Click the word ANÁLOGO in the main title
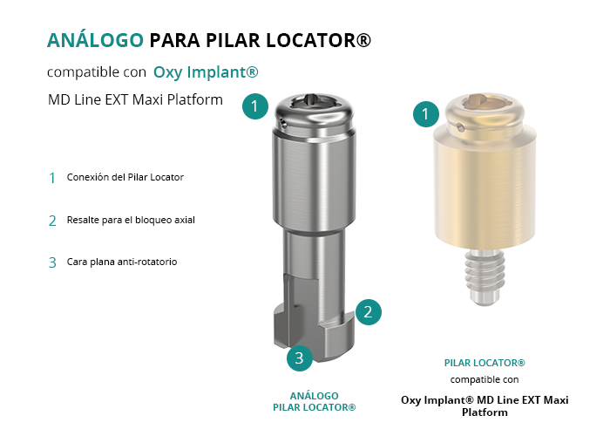click(x=95, y=40)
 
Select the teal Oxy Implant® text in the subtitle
click(x=206, y=72)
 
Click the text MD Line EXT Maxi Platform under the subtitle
click(x=135, y=99)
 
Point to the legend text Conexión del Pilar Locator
click(x=125, y=177)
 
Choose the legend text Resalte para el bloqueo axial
click(x=131, y=220)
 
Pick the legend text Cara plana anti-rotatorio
click(x=122, y=262)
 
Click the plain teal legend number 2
click(x=52, y=221)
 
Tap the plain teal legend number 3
click(x=52, y=262)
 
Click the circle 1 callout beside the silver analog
click(x=255, y=106)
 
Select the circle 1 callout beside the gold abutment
click(x=426, y=113)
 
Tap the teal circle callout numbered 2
click(x=368, y=312)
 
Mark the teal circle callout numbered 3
click(x=300, y=358)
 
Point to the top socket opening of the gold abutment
click(x=485, y=101)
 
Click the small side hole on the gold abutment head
click(x=460, y=127)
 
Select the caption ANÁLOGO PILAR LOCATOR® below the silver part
click(x=315, y=402)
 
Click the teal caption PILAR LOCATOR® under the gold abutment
click(x=485, y=363)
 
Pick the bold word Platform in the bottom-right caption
click(x=485, y=412)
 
